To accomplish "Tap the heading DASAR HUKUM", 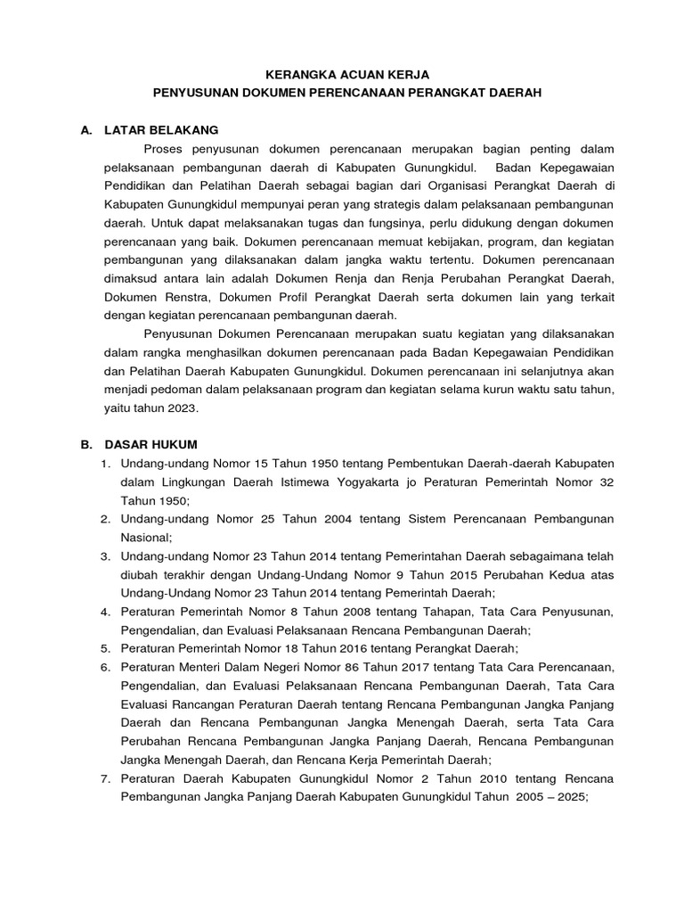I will coord(152,444).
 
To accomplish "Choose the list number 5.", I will coord(104,648).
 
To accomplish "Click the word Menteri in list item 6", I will coord(199,667).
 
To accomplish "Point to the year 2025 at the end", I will coord(568,796).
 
